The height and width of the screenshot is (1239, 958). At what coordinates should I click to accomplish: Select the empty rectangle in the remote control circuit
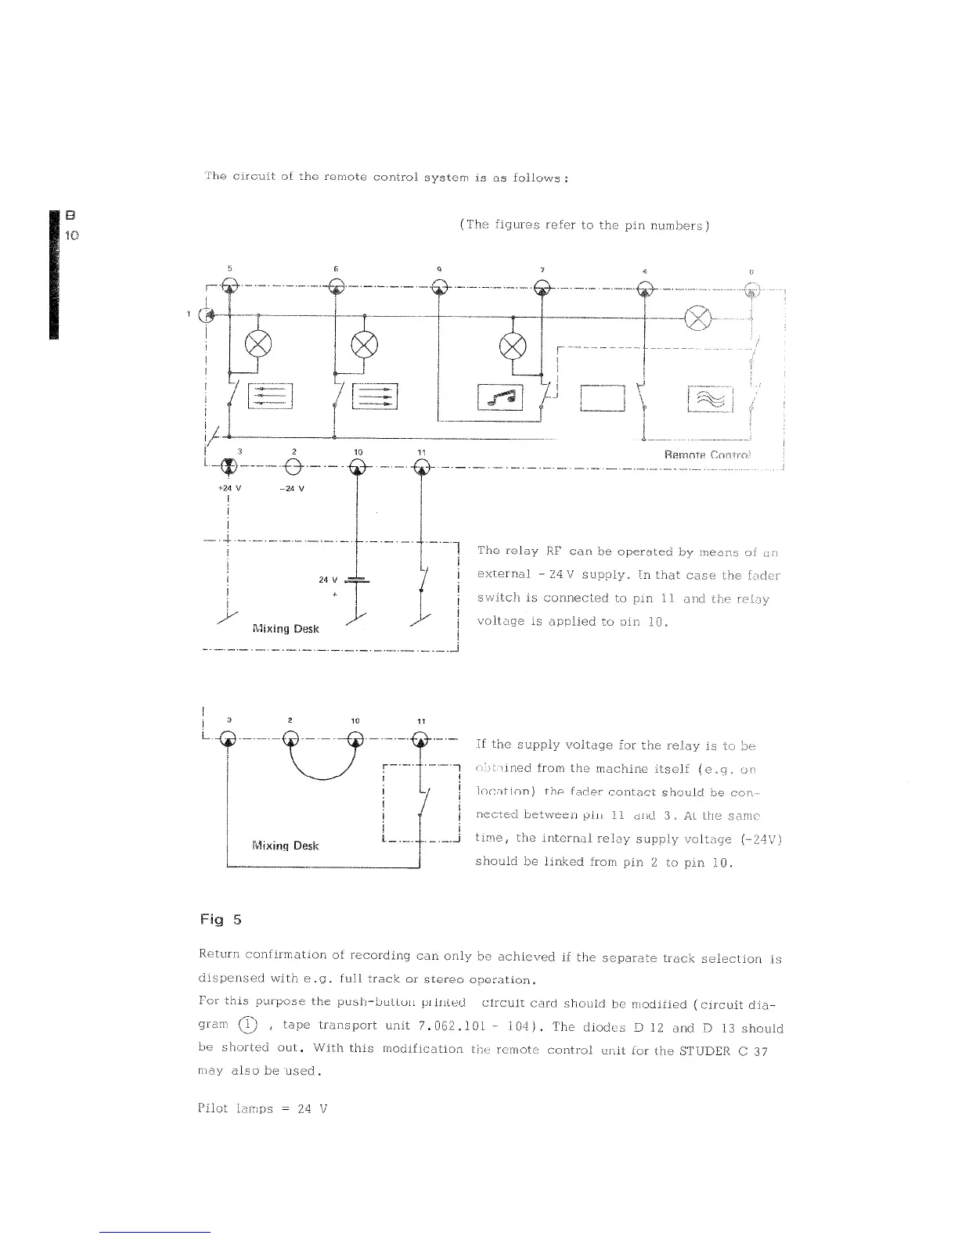(603, 399)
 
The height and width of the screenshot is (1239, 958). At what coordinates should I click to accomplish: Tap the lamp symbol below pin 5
(259, 343)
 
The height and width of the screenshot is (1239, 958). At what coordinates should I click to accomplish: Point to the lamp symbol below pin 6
(365, 343)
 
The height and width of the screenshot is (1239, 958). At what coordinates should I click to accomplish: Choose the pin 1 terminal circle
(207, 314)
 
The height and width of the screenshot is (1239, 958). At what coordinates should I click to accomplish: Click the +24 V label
(228, 489)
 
